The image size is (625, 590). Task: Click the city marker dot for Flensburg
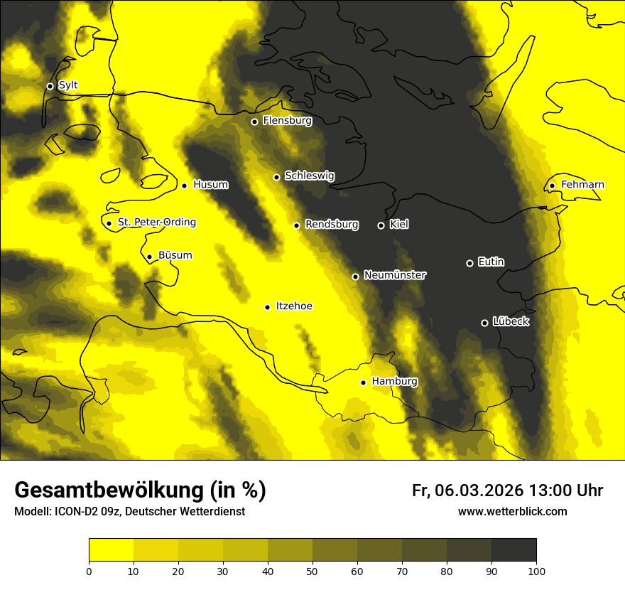click(x=254, y=122)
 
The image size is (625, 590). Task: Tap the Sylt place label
click(x=68, y=85)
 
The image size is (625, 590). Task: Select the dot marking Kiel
click(x=381, y=225)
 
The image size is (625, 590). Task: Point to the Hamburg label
click(x=394, y=382)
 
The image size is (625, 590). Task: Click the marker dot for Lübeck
click(x=484, y=323)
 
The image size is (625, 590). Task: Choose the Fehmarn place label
click(x=582, y=185)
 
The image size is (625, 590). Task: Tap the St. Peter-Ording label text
click(x=157, y=222)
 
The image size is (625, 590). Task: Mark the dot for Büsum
click(x=149, y=257)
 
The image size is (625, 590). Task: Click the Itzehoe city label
click(x=294, y=306)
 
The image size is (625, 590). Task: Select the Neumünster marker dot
click(x=355, y=277)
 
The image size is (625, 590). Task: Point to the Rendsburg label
click(x=332, y=225)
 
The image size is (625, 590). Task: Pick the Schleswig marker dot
click(x=276, y=177)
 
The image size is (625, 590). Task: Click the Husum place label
click(x=211, y=185)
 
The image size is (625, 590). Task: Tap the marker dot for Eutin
click(x=469, y=263)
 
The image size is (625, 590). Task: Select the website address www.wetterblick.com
click(x=513, y=512)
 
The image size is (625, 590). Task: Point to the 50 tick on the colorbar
click(x=312, y=571)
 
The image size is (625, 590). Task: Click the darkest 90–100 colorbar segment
click(x=513, y=549)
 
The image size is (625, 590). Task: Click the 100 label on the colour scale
click(x=536, y=571)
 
